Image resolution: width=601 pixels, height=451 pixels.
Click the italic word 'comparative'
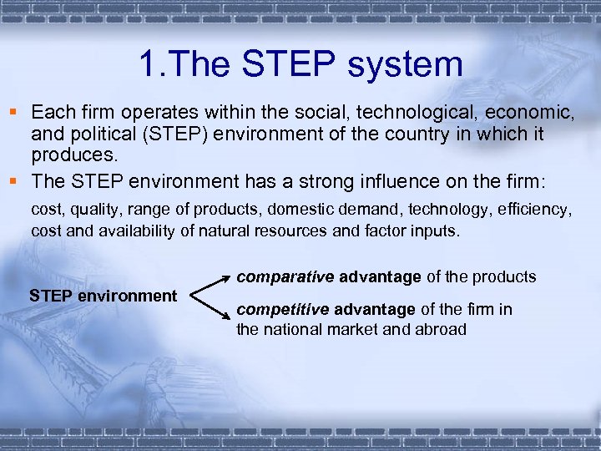pyautogui.click(x=284, y=276)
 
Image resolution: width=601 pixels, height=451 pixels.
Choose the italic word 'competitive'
pyautogui.click(x=283, y=310)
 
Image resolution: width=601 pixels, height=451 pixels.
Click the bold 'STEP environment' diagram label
pyautogui.click(x=103, y=296)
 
